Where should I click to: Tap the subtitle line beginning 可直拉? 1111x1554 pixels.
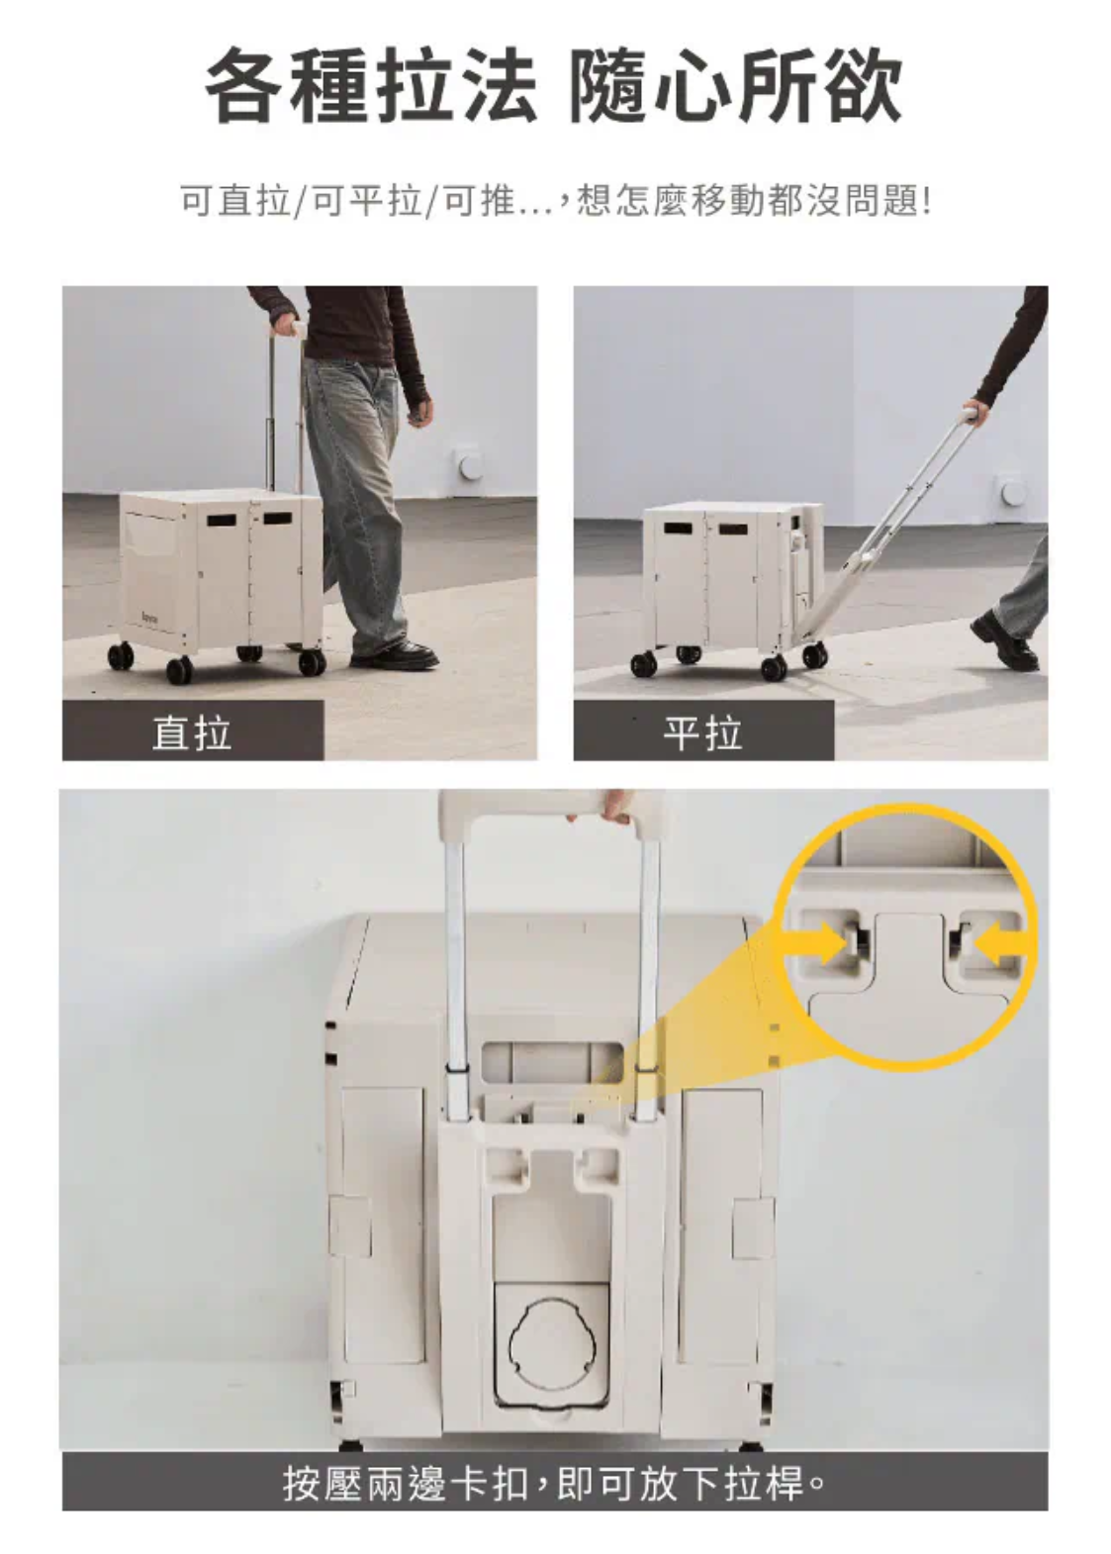(555, 201)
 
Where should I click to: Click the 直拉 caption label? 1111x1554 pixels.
(191, 732)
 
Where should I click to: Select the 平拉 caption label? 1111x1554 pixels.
(702, 732)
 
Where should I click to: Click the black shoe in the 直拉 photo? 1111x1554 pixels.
(396, 654)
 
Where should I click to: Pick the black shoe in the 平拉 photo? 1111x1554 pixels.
(1005, 641)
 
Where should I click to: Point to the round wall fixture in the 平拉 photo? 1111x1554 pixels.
(1012, 491)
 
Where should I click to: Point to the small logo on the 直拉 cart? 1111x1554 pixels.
(150, 614)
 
